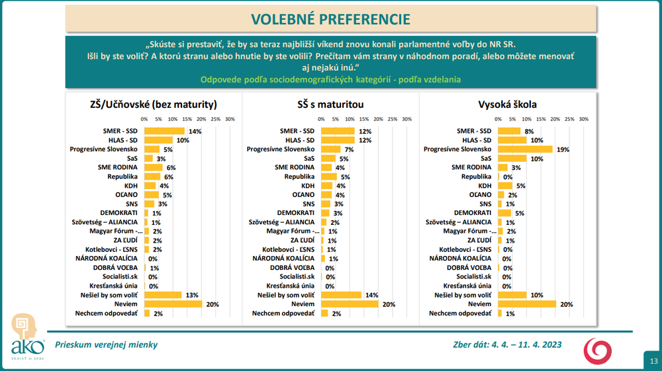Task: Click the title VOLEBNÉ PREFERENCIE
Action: [330, 19]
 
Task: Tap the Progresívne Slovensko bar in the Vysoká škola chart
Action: [526, 149]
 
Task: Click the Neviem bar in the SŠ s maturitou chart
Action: [350, 304]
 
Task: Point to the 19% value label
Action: [563, 149]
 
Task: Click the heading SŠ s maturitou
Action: [330, 104]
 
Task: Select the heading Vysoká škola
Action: [507, 104]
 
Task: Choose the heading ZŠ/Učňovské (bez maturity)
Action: [154, 104]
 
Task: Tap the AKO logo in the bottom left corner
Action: [27, 337]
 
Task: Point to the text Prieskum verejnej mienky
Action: [107, 345]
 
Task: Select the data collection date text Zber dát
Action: [503, 345]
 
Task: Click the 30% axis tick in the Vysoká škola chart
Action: [584, 119]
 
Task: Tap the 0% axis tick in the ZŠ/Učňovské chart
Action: [144, 119]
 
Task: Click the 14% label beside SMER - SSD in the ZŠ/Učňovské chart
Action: [195, 131]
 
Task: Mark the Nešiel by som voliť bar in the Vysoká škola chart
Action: [512, 294]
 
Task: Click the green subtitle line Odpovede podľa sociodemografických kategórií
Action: [331, 79]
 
